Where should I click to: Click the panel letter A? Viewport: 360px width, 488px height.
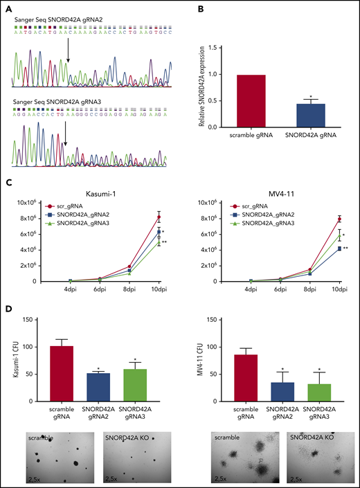pos(8,7)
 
